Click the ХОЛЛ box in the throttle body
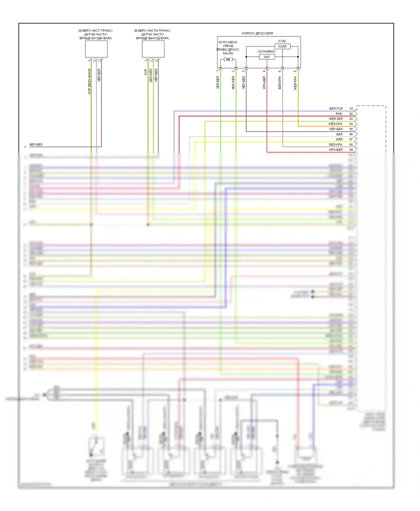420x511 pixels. coord(282,46)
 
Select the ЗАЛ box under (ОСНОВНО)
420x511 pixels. coord(267,57)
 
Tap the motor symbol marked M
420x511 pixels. coord(228,60)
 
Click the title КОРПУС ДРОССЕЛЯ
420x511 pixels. coord(257,33)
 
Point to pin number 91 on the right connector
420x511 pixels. coord(351,108)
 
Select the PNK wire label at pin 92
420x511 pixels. coord(339,114)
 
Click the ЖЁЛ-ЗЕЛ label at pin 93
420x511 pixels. coord(335,119)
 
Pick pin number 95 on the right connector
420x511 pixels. coord(351,129)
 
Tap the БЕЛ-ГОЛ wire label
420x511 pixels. coord(336,108)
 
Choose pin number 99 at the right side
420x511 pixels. coord(351,150)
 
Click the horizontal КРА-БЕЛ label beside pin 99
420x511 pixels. coord(336,150)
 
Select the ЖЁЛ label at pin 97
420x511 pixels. coord(339,139)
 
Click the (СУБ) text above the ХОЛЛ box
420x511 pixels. coord(282,41)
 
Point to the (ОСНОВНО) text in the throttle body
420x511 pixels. coord(266,51)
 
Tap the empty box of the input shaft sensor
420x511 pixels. coord(96,49)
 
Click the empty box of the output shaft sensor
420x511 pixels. coord(153,49)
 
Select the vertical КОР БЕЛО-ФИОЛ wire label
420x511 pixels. coord(89,81)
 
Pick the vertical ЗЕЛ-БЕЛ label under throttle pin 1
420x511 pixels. coord(218,82)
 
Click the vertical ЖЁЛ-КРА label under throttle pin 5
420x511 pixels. coord(295,83)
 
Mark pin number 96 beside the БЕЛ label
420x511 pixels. coord(351,134)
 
